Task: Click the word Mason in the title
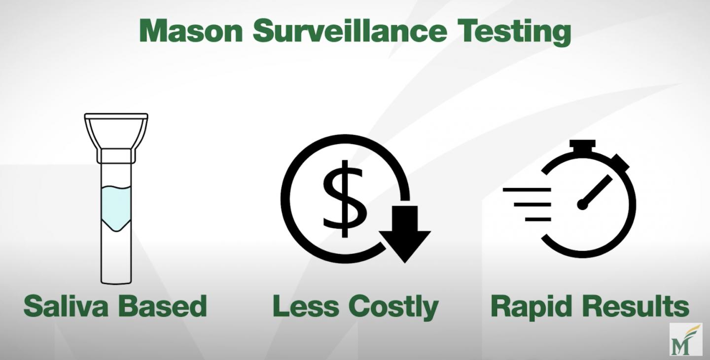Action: tap(191, 31)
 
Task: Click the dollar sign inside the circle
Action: tap(345, 199)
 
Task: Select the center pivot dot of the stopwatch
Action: tap(582, 204)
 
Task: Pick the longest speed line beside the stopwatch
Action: tap(527, 190)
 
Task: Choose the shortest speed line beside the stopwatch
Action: tap(538, 219)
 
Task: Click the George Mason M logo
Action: tap(686, 339)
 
